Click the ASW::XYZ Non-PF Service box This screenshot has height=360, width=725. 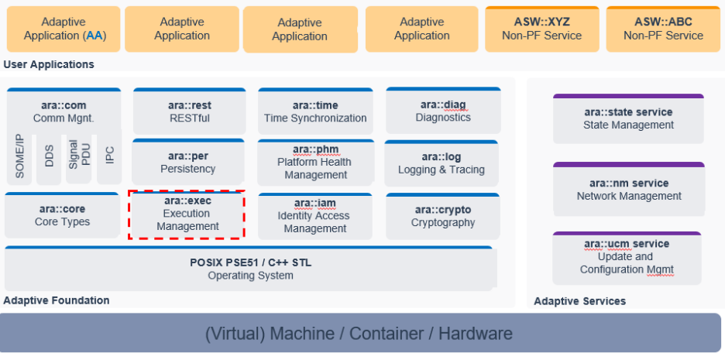coord(542,29)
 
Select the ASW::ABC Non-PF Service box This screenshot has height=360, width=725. coord(663,29)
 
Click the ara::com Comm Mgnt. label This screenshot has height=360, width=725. coord(64,111)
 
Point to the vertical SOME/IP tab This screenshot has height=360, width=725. coord(21,156)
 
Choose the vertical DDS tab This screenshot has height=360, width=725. coord(50,158)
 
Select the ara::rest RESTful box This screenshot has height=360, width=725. coord(189,111)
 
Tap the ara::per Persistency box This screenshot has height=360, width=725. coord(188,162)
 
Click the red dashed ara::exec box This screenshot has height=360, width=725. coord(187,214)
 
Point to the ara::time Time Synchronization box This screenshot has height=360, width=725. coord(315,111)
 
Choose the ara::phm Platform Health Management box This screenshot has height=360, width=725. coord(315,162)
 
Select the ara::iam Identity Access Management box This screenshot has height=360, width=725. coord(315,215)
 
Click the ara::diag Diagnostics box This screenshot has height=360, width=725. coord(443,111)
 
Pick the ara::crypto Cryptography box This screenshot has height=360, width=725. coord(443,215)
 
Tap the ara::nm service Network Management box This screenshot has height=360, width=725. coord(629,190)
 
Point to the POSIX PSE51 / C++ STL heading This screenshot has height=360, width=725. coord(251,262)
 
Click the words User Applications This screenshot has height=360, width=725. coord(49,64)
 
